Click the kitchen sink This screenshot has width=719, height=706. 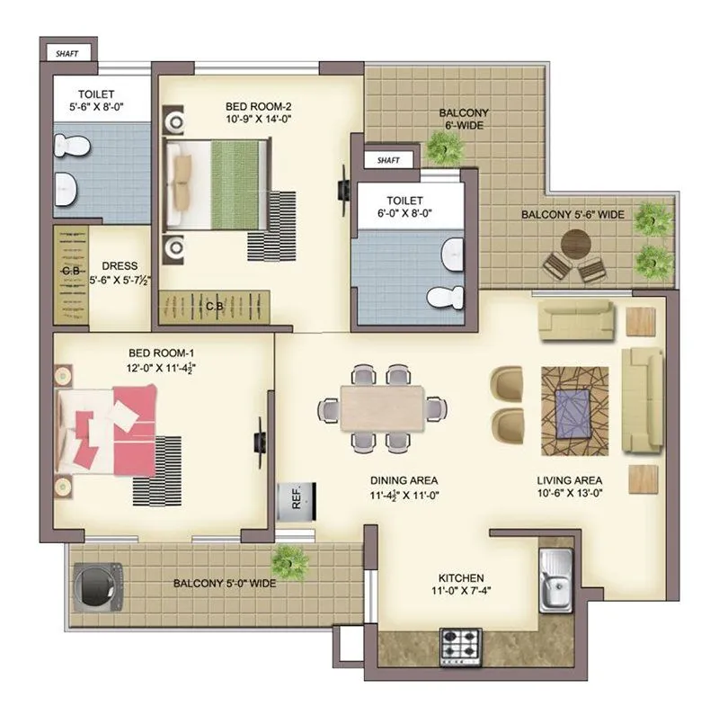pyautogui.click(x=554, y=578)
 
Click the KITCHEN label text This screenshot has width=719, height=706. pyautogui.click(x=461, y=577)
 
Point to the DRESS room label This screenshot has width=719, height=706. pyautogui.click(x=120, y=266)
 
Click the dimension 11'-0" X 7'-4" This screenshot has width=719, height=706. pyautogui.click(x=461, y=592)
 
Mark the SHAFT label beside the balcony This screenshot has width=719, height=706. pyautogui.click(x=388, y=160)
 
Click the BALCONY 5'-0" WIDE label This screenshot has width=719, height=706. pyautogui.click(x=224, y=583)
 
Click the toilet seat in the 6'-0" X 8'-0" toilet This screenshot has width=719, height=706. pyautogui.click(x=444, y=297)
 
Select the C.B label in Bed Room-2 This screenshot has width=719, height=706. pyautogui.click(x=215, y=306)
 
